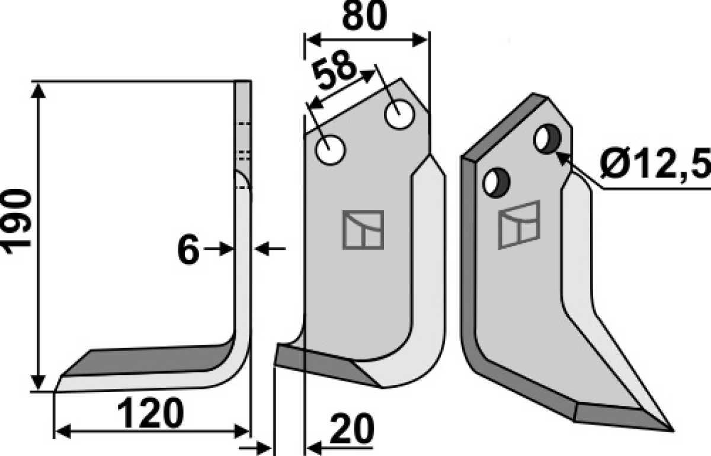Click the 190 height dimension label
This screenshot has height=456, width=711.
pos(17,221)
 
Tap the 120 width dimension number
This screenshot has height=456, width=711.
pos(150,413)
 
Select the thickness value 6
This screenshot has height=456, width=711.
pos(188,249)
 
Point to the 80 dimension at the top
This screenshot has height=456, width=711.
pos(365,15)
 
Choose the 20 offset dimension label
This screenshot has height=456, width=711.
pos(352,428)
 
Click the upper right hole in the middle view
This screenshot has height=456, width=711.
pos(399,114)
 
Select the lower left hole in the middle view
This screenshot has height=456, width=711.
pos(330,150)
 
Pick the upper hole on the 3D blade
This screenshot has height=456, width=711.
pos(547,139)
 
